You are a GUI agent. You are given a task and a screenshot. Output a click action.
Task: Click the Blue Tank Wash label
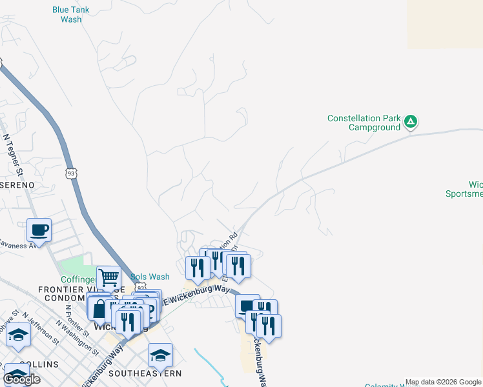(x=71, y=14)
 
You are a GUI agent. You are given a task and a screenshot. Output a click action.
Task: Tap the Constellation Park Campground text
(x=364, y=123)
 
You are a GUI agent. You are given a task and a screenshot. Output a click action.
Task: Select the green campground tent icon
(x=411, y=121)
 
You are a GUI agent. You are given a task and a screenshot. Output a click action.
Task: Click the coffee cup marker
(x=39, y=230)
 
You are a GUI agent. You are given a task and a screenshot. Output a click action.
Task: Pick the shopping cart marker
(x=108, y=277)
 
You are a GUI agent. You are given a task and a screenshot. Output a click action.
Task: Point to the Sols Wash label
(x=150, y=277)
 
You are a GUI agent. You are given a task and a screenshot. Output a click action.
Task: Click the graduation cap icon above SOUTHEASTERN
(x=160, y=355)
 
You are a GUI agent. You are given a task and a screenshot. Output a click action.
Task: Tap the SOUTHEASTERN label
(x=145, y=373)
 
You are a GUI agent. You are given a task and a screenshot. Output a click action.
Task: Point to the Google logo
(x=22, y=379)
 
